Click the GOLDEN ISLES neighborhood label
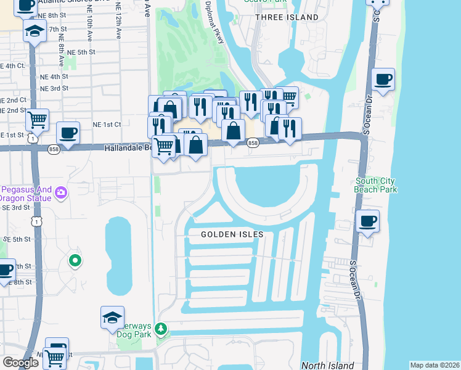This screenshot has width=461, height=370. click(232, 234)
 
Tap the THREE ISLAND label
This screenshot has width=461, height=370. click(287, 17)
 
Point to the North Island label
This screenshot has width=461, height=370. click(327, 365)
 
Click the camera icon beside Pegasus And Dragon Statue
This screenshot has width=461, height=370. click(60, 193)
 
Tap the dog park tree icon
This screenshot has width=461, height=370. click(161, 329)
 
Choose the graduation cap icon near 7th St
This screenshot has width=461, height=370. click(35, 31)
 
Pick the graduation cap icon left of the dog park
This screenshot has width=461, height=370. click(112, 318)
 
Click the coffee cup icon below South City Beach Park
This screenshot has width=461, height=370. click(367, 221)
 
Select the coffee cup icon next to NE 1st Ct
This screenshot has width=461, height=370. click(67, 133)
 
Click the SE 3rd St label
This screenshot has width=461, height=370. click(16, 208)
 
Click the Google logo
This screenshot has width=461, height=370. click(20, 362)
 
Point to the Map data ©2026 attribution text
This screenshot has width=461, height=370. click(434, 365)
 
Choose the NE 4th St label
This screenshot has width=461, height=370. click(55, 76)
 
